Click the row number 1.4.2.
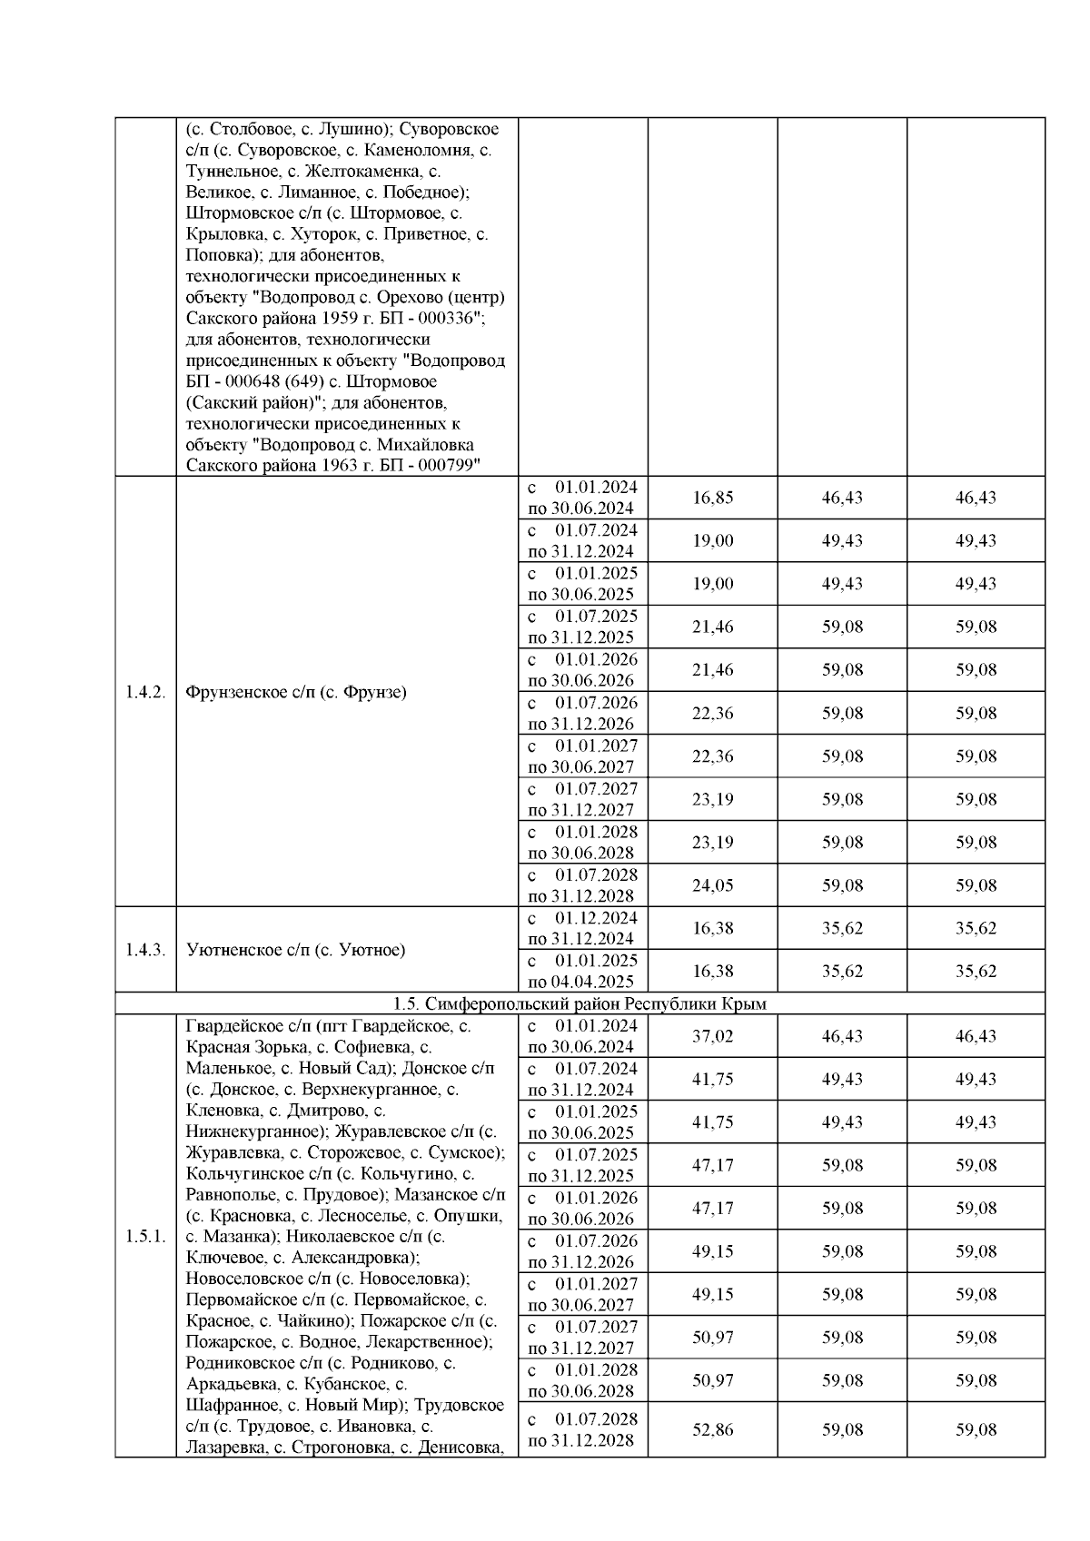pos(145,692)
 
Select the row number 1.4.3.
pos(145,950)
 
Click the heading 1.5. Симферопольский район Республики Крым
pos(580,1003)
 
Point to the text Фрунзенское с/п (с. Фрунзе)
pos(295,692)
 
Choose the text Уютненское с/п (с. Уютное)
pos(295,950)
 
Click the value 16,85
pos(712,498)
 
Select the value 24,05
pos(712,885)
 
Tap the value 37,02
pos(712,1036)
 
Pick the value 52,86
pos(712,1429)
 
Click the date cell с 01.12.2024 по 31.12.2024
pos(582,928)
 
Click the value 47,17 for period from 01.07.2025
pos(712,1165)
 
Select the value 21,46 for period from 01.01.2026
pos(712,670)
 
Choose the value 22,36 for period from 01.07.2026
pos(712,713)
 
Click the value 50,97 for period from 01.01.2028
pos(712,1380)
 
